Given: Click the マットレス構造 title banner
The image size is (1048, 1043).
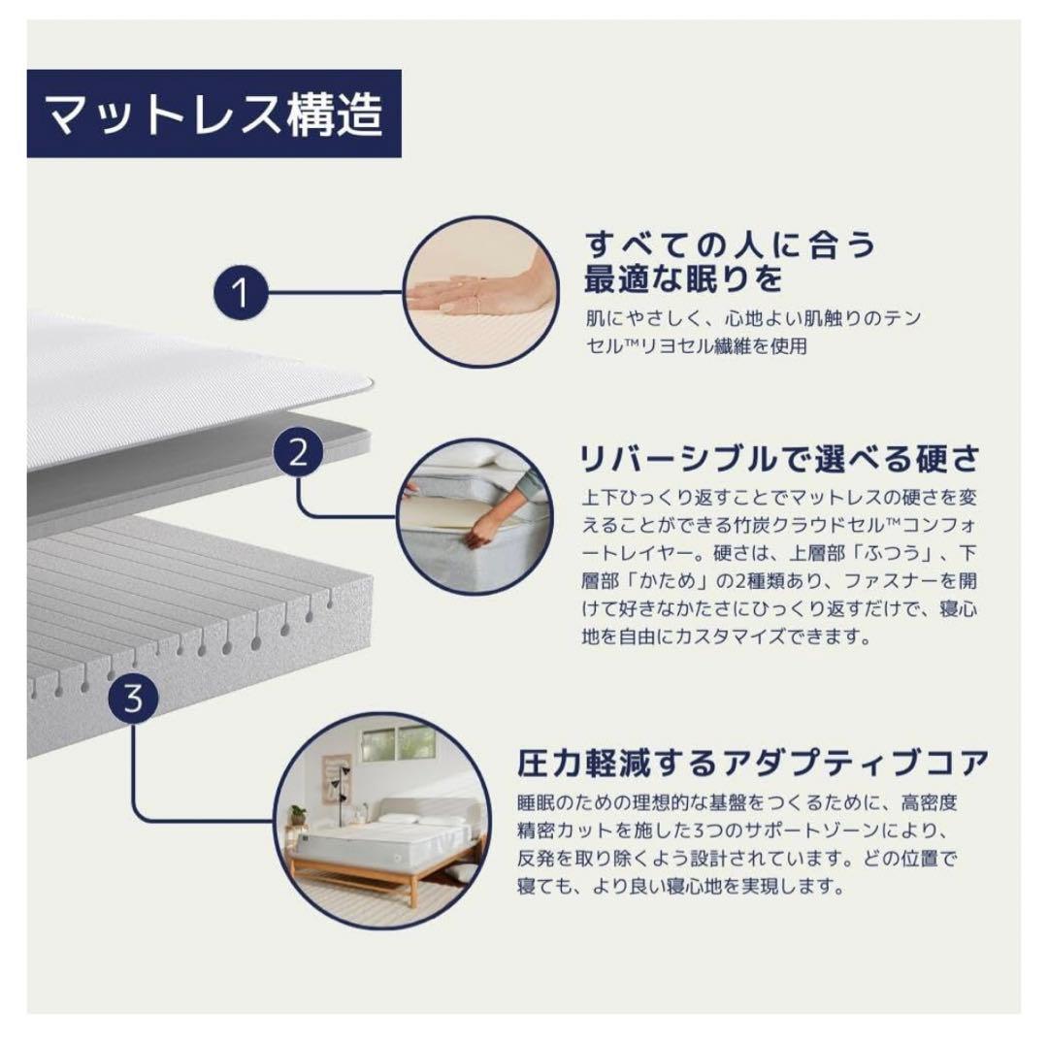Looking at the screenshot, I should [213, 114].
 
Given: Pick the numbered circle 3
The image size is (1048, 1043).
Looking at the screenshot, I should [134, 697].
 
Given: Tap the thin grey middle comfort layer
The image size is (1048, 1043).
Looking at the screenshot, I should [194, 490].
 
